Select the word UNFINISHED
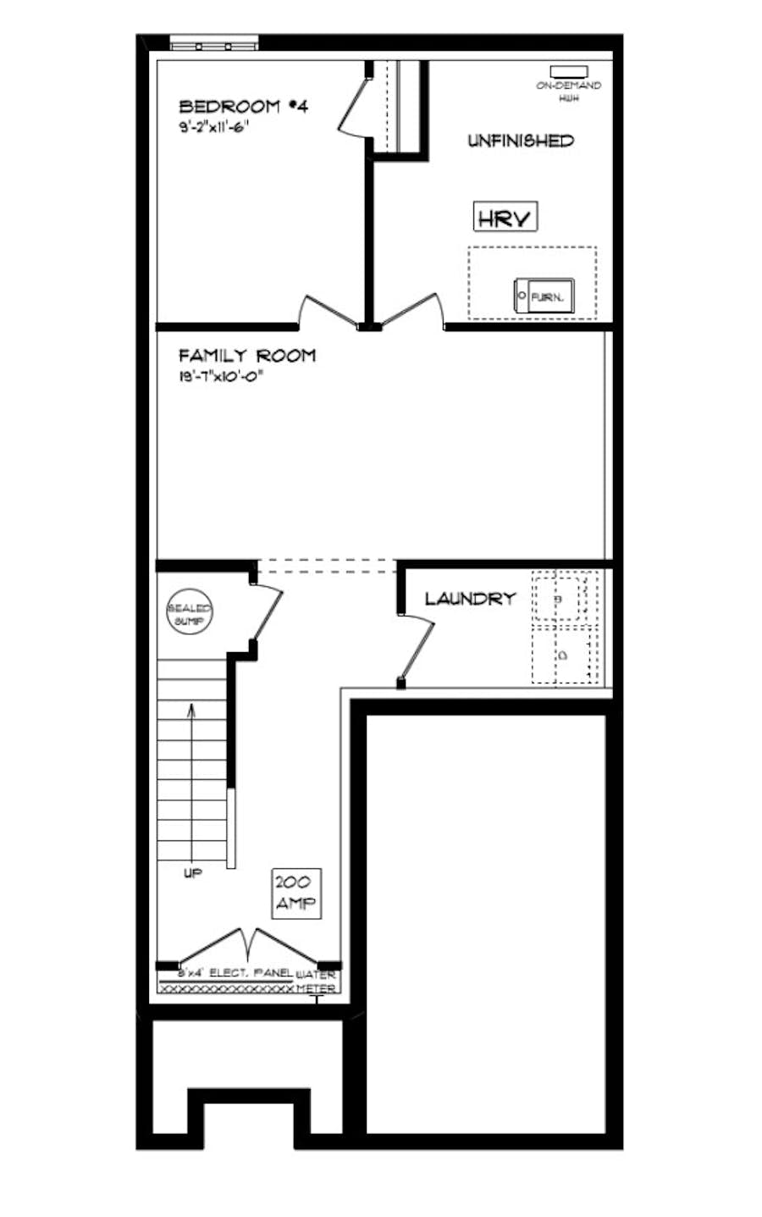(521, 141)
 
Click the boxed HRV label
(505, 218)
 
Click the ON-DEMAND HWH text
(568, 91)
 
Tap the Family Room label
(246, 356)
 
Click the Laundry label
(470, 599)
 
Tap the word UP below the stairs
(193, 873)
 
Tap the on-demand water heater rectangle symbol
(568, 71)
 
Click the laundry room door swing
(417, 648)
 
